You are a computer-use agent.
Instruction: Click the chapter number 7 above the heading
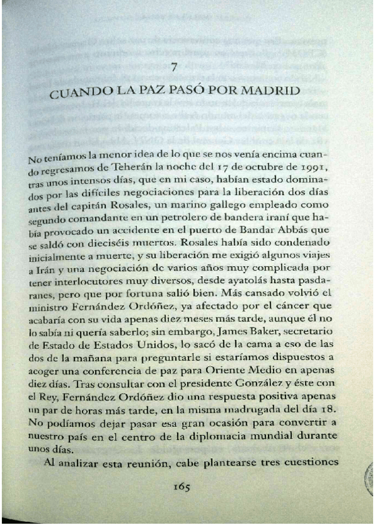tap(175, 67)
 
